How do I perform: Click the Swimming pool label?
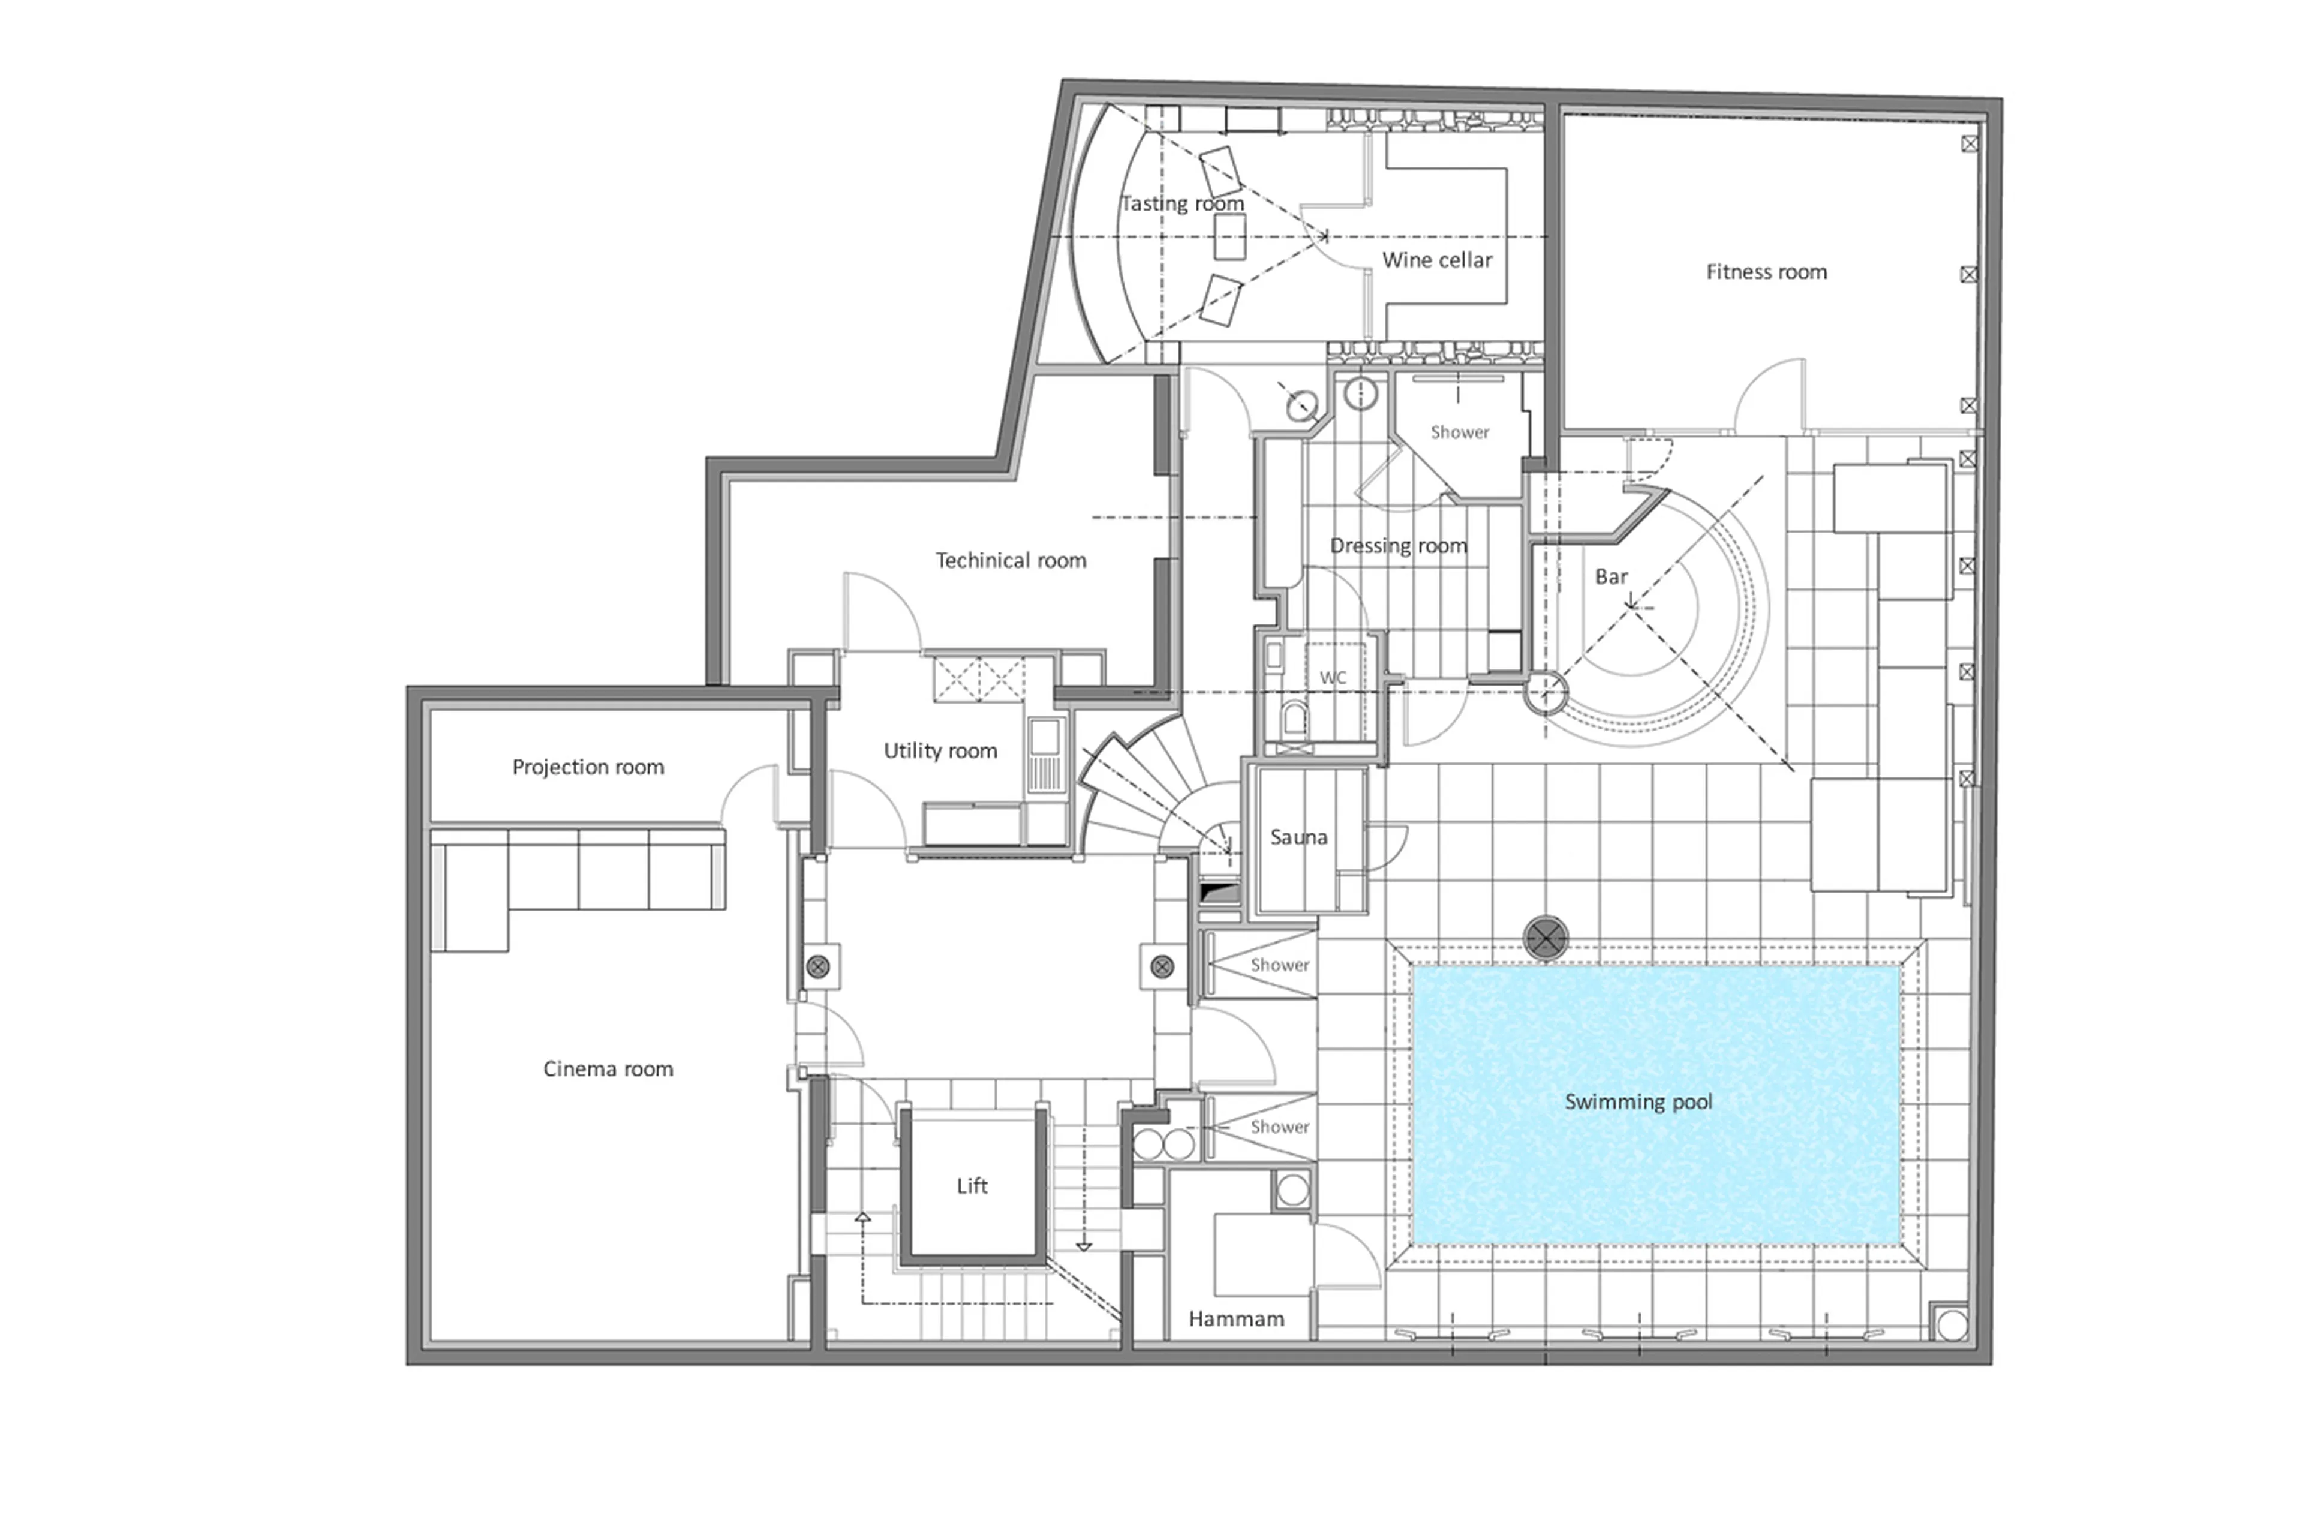(1637, 1101)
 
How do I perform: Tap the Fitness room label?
(1766, 272)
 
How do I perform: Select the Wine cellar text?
(1436, 259)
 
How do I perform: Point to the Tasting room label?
(1181, 203)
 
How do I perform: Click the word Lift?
(971, 1185)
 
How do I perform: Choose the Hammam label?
(1235, 1318)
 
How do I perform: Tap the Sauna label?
(1298, 837)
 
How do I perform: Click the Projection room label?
(587, 767)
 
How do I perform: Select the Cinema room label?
(607, 1069)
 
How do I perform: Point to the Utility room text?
(940, 751)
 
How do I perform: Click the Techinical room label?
(1010, 560)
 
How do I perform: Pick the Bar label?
(1610, 576)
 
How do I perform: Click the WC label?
(1332, 677)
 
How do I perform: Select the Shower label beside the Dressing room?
(1459, 432)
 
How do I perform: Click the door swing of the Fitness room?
(1770, 396)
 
